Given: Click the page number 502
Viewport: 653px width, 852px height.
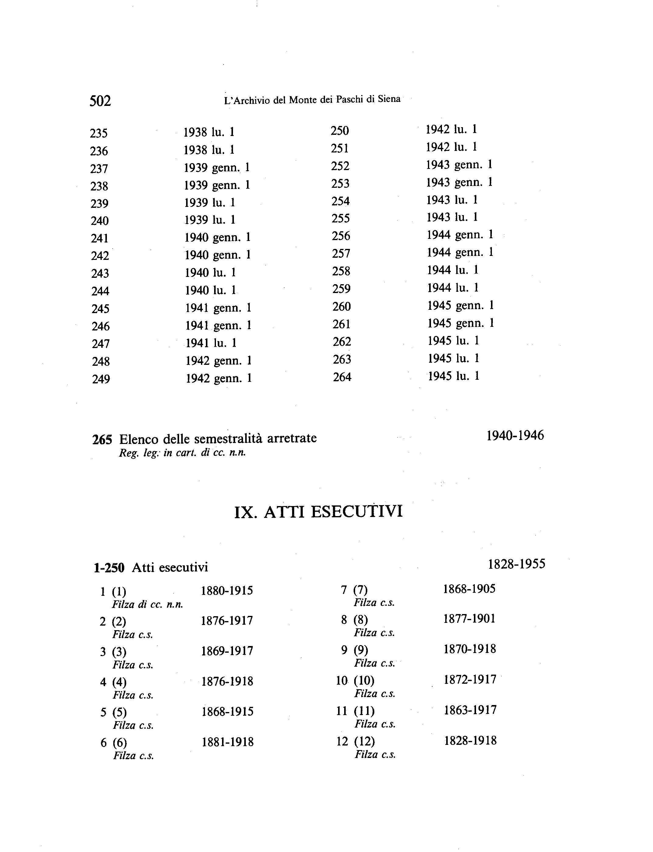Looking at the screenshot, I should (x=100, y=101).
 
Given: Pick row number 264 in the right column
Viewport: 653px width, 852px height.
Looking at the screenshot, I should (x=342, y=377).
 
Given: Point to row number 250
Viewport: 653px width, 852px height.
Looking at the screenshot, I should (x=340, y=131).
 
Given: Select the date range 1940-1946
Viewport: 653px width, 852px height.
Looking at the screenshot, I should (x=515, y=436).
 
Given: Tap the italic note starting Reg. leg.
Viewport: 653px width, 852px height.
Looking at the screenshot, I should (x=182, y=453).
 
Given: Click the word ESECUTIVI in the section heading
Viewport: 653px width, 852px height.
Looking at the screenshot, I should (x=357, y=512).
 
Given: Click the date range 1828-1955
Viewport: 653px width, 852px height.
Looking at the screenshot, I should (x=517, y=564).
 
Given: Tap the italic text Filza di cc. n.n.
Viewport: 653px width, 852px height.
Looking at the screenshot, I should (x=148, y=605).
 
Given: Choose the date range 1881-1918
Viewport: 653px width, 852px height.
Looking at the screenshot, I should (x=228, y=742).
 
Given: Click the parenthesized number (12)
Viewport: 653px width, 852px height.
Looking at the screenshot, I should (x=365, y=741).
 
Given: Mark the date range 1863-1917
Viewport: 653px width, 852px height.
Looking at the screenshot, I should (x=470, y=710).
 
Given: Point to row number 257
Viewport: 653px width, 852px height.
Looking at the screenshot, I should (x=341, y=253).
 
